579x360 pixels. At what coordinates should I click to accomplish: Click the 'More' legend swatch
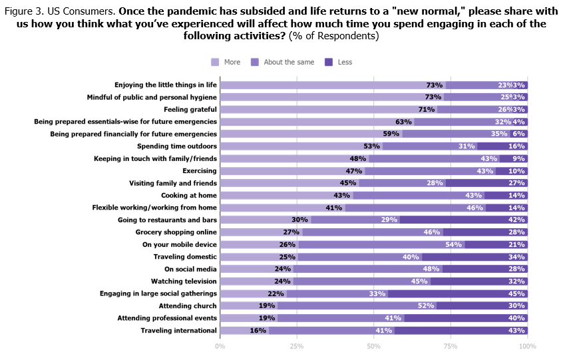215,62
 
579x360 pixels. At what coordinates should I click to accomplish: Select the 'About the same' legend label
288,62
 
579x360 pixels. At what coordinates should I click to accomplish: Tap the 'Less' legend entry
344,62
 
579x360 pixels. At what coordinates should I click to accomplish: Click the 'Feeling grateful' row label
190,109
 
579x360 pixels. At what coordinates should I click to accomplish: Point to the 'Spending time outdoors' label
176,146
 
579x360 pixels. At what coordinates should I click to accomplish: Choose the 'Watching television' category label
184,281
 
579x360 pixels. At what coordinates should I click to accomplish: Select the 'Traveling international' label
178,330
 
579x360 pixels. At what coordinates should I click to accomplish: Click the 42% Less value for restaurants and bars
516,220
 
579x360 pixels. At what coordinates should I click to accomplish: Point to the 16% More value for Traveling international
258,330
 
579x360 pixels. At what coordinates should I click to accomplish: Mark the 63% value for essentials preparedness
403,122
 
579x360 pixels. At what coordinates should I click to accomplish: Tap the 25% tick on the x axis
297,346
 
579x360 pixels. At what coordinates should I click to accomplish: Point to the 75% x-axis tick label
451,346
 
